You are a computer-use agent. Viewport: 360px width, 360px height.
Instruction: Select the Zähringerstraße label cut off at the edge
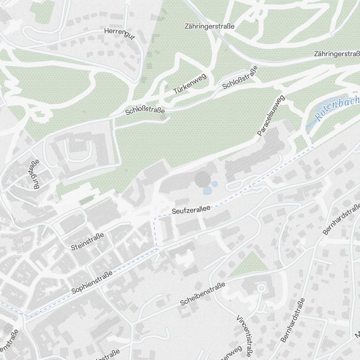coord(337,54)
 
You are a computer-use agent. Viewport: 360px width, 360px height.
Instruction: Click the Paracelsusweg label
coord(271,116)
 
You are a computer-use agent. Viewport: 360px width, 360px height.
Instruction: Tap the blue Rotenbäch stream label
coord(337,108)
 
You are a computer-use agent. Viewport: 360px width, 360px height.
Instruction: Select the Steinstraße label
coord(87,242)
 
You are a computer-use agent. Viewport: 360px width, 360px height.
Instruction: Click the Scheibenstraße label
coord(203,294)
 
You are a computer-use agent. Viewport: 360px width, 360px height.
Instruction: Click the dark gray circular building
coord(202,178)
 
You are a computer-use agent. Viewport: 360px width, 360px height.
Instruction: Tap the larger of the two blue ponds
coord(207,190)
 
